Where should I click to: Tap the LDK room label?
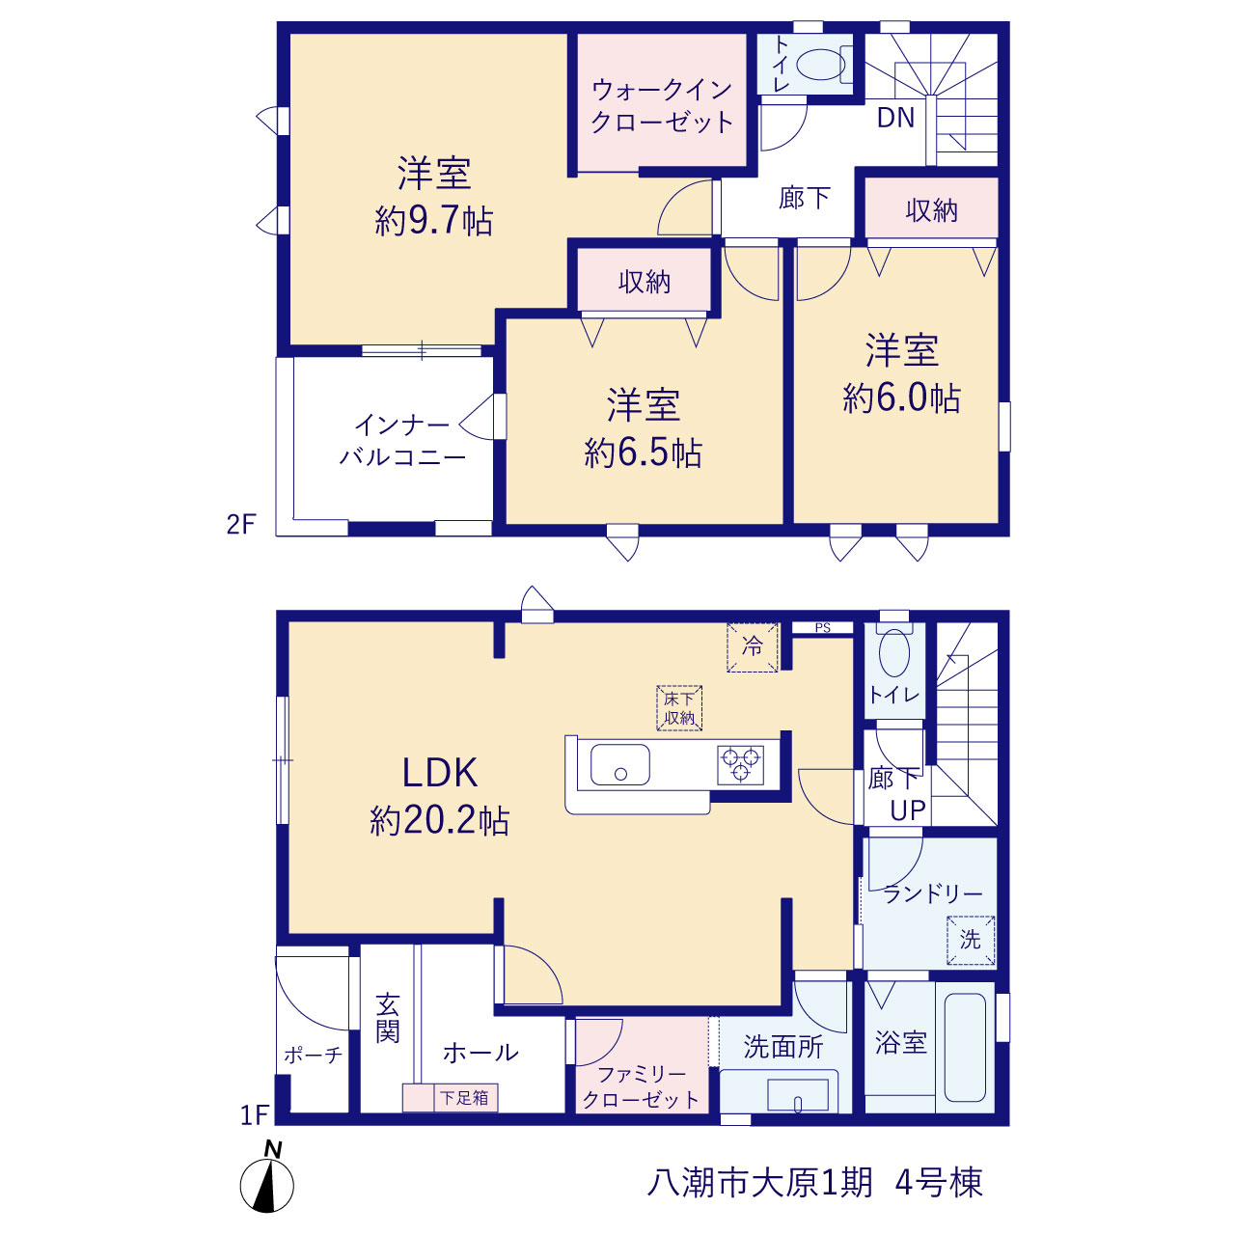[440, 773]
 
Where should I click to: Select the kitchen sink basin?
[619, 764]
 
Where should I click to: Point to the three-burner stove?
[740, 764]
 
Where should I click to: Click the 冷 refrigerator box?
[752, 646]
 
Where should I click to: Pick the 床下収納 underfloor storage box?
[679, 708]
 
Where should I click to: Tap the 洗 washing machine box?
[971, 940]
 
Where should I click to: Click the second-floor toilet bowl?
[821, 65]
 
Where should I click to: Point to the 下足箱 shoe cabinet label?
[465, 1098]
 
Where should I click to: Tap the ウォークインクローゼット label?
[662, 106]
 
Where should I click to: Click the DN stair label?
[895, 118]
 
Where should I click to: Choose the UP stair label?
[908, 810]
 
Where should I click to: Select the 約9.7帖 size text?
[434, 222]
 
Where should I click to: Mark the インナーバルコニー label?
[402, 441]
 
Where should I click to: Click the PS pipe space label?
[823, 628]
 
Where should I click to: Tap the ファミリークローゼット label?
[641, 1087]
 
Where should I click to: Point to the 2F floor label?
[241, 524]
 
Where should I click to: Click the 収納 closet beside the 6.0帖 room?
[931, 210]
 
